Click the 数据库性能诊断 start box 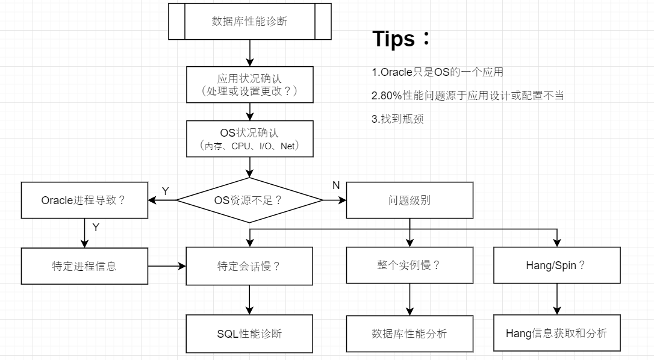249,21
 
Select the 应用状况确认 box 249,85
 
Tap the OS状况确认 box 249,138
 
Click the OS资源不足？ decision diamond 249,200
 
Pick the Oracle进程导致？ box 84,200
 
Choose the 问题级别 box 410,200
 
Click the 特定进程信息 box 84,265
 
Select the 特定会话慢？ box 249,265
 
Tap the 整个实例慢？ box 410,265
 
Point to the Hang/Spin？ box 556,265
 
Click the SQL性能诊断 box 249,334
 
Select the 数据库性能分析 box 410,334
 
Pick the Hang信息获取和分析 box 556,333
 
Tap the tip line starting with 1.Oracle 437,72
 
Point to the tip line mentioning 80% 467,96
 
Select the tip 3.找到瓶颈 397,119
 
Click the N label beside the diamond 336,185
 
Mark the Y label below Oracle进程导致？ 96,227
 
